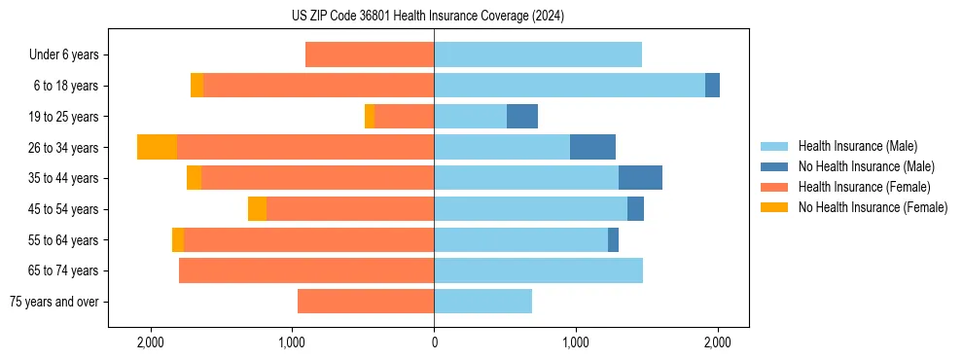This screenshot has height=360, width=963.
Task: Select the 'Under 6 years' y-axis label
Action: (64, 55)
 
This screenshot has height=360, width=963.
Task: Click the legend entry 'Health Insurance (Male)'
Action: (857, 146)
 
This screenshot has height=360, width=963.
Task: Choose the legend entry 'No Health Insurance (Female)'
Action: (873, 207)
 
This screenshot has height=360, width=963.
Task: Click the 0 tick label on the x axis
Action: (434, 343)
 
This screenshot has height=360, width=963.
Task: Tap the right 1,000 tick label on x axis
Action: (576, 343)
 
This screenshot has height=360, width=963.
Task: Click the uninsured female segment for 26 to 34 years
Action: (157, 147)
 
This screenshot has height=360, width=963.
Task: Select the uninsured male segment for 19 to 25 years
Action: (522, 117)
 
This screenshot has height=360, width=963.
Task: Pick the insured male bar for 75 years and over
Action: (482, 302)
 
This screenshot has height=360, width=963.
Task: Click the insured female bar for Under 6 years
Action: (370, 55)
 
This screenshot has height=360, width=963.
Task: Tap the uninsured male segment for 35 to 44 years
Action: (640, 178)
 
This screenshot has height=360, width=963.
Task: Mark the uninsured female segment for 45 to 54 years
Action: (257, 209)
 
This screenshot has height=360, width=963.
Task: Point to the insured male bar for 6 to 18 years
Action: (569, 86)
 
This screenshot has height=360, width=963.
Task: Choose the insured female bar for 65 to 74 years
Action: (306, 270)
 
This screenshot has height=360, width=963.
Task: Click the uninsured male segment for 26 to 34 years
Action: (592, 147)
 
